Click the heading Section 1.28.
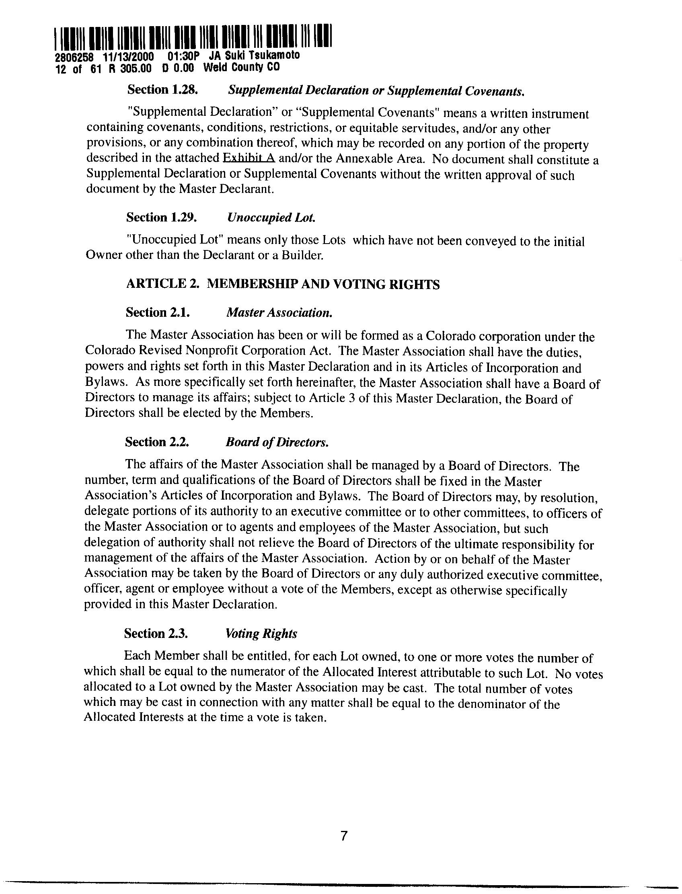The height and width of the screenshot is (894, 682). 162,89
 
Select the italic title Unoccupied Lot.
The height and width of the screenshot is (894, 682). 271,218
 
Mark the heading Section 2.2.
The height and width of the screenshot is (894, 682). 157,441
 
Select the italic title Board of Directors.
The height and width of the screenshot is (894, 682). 277,442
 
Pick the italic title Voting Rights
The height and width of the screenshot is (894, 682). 261,634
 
